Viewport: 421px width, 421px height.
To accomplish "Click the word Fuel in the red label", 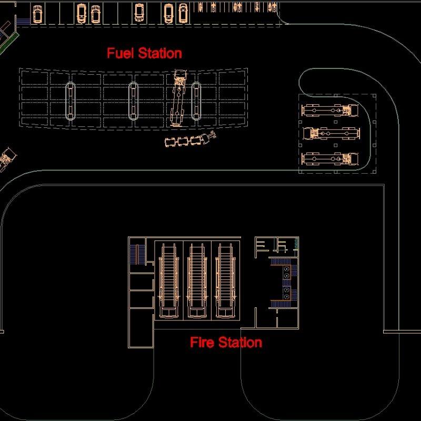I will click(x=121, y=53).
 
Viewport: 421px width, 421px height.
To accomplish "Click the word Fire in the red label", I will click(x=202, y=343).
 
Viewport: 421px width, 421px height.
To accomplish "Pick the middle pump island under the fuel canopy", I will click(x=133, y=100).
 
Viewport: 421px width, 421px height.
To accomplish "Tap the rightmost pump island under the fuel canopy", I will click(x=196, y=100).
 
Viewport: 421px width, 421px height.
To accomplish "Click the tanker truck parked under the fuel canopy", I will click(x=179, y=97).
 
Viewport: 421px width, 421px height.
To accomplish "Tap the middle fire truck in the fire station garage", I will click(x=197, y=282).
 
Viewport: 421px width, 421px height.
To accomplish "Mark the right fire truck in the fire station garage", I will click(x=225, y=282).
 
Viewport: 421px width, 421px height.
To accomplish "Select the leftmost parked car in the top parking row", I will click(x=37, y=14).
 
